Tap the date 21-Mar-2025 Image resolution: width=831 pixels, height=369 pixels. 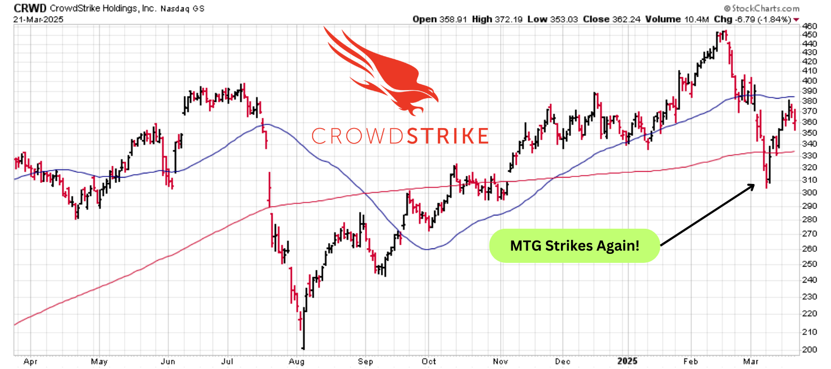36,19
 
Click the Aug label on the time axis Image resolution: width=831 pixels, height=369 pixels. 297,361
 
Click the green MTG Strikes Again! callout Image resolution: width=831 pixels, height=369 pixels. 574,246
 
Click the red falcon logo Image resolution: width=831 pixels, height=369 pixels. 381,69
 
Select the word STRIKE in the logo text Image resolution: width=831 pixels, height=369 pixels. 448,136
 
